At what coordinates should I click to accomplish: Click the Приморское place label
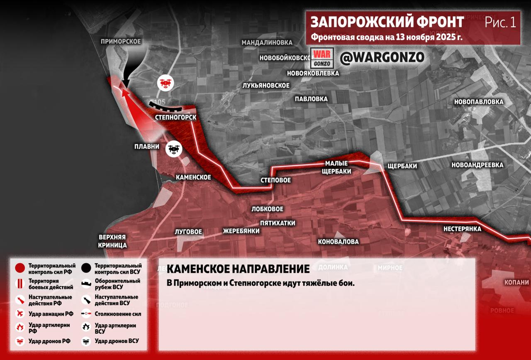point(121,42)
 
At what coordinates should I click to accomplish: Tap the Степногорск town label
point(175,118)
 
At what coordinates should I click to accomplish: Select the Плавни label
point(146,147)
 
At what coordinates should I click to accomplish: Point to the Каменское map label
point(193,177)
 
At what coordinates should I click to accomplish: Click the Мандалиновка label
point(267,42)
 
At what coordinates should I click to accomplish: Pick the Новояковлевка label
point(313,73)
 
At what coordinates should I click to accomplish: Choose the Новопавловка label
point(478,102)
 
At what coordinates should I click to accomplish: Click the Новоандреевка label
point(477,165)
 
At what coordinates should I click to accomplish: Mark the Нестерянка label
point(462,229)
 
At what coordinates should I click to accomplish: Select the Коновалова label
point(338,242)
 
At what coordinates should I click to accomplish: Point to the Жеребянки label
point(241,231)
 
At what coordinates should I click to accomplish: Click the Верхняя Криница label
point(112,241)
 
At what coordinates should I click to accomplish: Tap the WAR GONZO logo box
point(322,59)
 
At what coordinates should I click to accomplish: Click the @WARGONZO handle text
point(382,58)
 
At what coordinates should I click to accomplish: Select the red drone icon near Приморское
point(165,83)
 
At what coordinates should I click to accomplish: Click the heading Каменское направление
point(238,269)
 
